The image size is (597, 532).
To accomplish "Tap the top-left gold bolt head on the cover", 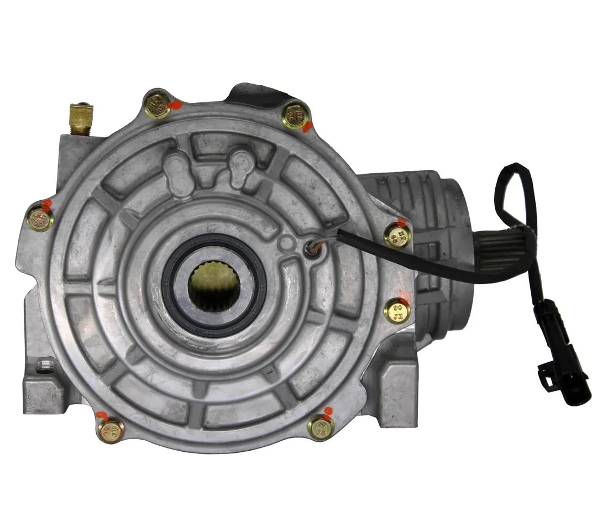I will pyautogui.click(x=156, y=106).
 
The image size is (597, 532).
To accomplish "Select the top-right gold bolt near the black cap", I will pyautogui.click(x=294, y=116).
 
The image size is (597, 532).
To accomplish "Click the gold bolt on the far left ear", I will pyautogui.click(x=40, y=217).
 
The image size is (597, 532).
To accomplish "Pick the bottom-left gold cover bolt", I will pyautogui.click(x=111, y=430).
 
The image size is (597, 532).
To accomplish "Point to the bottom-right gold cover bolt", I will pyautogui.click(x=321, y=427).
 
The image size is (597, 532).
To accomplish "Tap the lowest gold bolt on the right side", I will pyautogui.click(x=397, y=311).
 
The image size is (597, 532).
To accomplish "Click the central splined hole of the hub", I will pyautogui.click(x=213, y=285).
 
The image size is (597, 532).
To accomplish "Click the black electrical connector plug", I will pyautogui.click(x=557, y=354).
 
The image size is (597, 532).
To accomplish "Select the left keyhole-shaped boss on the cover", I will pyautogui.click(x=177, y=171).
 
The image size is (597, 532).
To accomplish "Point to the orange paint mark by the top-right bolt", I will pyautogui.click(x=307, y=127).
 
